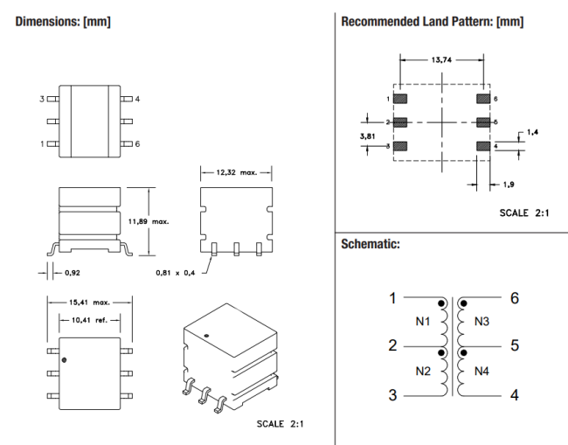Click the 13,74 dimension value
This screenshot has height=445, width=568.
(441, 59)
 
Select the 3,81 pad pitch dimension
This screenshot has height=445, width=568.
(367, 136)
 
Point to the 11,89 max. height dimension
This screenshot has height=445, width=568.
(149, 221)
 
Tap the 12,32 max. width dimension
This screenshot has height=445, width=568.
(237, 172)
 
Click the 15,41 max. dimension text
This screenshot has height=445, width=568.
(89, 302)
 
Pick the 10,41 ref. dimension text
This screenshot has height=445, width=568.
(89, 320)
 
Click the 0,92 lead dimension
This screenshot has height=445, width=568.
(73, 273)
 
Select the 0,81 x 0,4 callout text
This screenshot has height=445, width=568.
(176, 273)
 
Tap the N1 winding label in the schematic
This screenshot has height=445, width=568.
(423, 322)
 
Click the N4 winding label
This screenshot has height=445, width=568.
(481, 371)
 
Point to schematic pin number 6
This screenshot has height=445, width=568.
(515, 298)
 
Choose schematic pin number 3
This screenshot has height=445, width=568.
(392, 395)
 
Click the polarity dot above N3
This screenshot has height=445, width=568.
(464, 303)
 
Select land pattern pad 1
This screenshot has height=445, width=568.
(400, 99)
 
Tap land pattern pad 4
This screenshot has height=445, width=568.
(483, 146)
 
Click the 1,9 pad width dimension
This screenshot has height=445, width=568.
(509, 184)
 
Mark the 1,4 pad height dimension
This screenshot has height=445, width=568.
(532, 132)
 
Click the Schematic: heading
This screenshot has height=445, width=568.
(371, 244)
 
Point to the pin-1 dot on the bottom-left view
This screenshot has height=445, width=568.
(64, 360)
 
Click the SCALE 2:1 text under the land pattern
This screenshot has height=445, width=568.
(524, 212)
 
